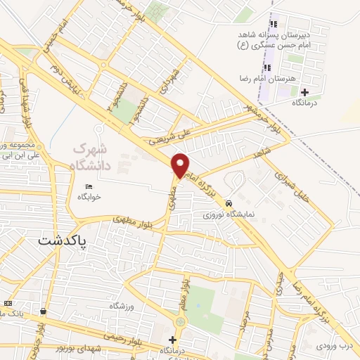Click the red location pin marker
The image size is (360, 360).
pyautogui.click(x=181, y=165)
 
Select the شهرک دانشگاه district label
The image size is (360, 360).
pyautogui.click(x=96, y=157)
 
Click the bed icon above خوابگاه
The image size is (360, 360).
pyautogui.click(x=88, y=186)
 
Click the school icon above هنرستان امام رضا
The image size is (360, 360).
pyautogui.click(x=267, y=68)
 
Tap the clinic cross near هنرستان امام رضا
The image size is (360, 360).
pyautogui.click(x=304, y=92)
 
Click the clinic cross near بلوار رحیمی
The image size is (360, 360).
pyautogui.click(x=173, y=340)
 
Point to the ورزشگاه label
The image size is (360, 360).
pyautogui.click(x=122, y=306)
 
